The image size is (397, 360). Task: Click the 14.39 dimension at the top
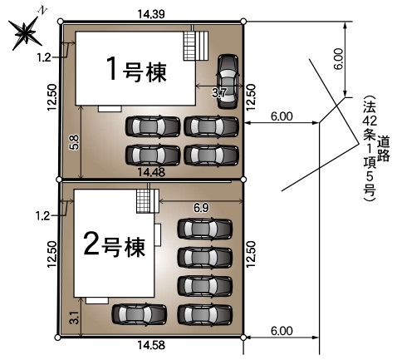[151, 14]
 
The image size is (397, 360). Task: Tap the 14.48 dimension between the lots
[151, 172]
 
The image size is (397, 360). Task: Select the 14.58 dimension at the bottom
[151, 345]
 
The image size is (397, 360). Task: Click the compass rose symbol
[26, 32]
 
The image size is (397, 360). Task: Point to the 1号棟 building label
[137, 69]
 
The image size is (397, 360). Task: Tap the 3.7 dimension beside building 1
[219, 93]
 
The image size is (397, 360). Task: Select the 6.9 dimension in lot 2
[201, 208]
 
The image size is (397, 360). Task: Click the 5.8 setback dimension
[75, 142]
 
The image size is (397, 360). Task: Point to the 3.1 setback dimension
[75, 318]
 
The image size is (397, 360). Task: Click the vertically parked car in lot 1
[228, 81]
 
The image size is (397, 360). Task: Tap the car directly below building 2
[140, 314]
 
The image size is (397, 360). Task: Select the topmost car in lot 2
[205, 229]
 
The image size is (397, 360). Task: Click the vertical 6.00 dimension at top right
[338, 59]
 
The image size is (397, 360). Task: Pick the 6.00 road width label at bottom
[282, 331]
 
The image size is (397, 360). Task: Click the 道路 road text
[384, 149]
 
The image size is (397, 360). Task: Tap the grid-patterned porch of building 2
[143, 201]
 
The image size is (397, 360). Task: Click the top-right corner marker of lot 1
[243, 22]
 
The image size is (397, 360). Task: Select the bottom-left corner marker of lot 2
[57, 338]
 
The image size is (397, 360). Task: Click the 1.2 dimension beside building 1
[44, 57]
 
